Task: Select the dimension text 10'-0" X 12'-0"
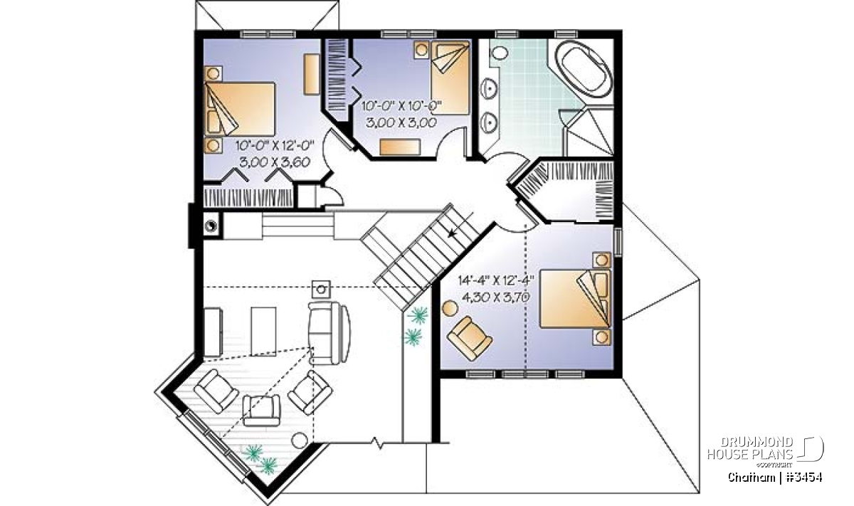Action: tap(275, 146)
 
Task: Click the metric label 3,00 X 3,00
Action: tap(401, 123)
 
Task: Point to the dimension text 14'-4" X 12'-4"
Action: tap(496, 280)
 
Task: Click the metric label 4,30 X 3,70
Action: tap(496, 297)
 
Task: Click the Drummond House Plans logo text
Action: tap(750, 448)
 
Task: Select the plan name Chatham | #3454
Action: tap(775, 478)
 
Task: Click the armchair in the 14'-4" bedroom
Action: tap(469, 339)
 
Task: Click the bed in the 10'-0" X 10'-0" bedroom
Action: tap(450, 78)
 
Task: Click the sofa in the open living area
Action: tap(329, 332)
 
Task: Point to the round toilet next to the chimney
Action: tap(211, 226)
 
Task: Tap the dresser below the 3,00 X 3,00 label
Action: tap(400, 147)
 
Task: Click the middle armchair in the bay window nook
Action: tap(262, 410)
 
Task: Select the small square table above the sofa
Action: tap(321, 290)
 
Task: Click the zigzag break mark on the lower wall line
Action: tap(377, 443)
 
